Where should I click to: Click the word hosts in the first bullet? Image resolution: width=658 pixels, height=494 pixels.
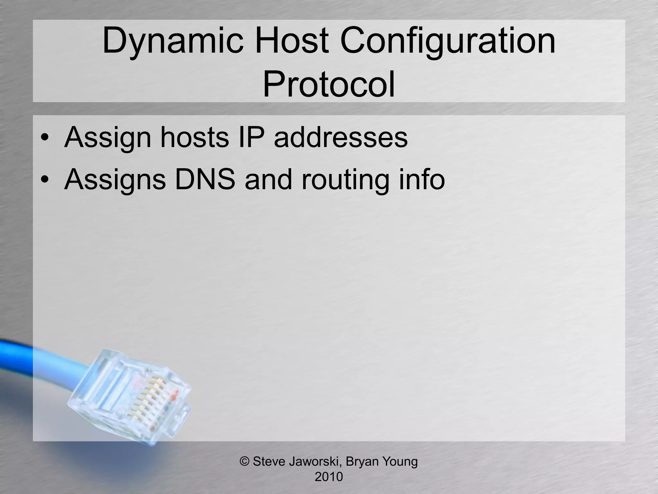[x=194, y=138]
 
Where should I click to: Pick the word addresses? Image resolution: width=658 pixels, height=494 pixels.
[x=341, y=138]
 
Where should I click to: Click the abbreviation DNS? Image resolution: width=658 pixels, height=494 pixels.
[x=204, y=179]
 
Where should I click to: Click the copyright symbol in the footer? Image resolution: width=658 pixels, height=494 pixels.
[x=245, y=462]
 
